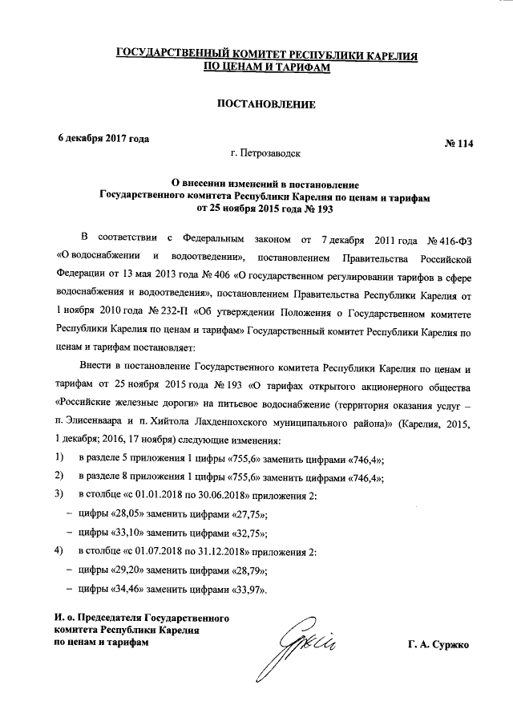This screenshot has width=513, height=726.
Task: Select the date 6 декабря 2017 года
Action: coord(103,137)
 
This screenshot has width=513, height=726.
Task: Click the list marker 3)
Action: coord(59,494)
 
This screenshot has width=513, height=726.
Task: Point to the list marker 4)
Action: coord(59,551)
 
